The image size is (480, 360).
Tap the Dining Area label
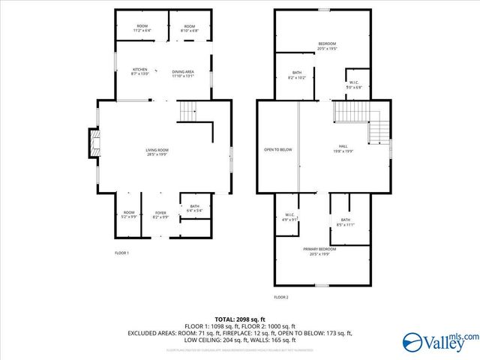[183, 73]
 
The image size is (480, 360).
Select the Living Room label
[157, 153]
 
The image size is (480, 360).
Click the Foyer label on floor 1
[160, 215]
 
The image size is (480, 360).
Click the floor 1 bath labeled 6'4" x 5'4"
[195, 208]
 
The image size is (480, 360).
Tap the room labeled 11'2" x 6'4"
[142, 28]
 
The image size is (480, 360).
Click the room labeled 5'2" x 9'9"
[129, 215]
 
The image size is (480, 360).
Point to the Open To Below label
[277, 149]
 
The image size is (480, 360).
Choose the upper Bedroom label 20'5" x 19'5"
[327, 46]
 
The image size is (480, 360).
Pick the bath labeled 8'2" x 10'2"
[295, 75]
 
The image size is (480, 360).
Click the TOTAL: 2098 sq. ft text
[240, 318]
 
